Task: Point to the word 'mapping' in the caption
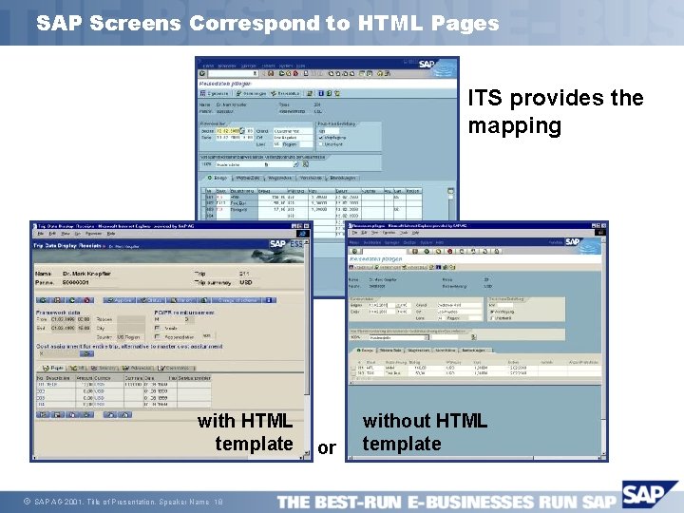[514, 126]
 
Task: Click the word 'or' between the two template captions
[327, 447]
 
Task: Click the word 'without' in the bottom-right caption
[396, 420]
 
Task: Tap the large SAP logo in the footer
[651, 497]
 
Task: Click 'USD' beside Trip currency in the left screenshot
[245, 282]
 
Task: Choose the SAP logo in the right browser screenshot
[573, 241]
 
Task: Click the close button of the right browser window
[604, 226]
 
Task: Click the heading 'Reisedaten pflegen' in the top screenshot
[220, 84]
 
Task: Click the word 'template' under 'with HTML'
[254, 444]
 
